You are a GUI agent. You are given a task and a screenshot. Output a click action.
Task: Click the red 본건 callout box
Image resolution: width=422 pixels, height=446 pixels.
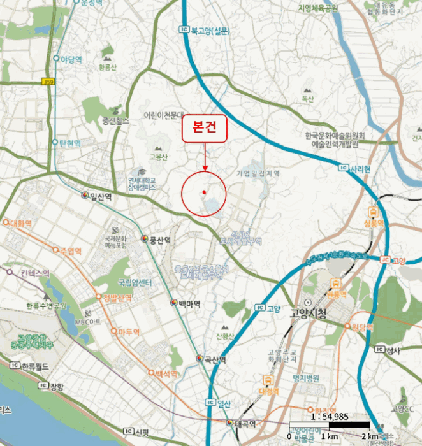(205, 128)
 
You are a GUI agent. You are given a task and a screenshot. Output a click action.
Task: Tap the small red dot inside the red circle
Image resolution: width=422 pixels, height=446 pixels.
(203, 191)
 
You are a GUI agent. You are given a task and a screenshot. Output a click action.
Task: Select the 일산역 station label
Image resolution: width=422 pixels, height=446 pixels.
(101, 196)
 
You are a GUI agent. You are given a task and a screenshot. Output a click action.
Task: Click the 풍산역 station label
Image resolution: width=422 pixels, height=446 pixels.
(160, 240)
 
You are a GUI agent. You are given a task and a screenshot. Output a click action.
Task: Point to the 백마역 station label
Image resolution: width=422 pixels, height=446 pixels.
(189, 304)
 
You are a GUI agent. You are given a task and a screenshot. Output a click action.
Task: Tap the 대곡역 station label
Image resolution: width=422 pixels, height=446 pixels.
(245, 424)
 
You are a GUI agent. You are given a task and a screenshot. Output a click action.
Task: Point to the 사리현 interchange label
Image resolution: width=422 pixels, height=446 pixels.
(359, 169)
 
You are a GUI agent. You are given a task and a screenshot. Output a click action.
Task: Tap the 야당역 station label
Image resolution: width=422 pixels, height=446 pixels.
(71, 59)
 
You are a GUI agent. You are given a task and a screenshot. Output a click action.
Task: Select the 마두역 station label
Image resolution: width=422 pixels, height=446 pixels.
(130, 331)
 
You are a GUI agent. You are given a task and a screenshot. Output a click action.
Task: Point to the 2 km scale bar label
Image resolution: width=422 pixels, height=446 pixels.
(370, 436)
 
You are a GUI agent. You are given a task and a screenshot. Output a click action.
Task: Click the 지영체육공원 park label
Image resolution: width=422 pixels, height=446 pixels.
(309, 8)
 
